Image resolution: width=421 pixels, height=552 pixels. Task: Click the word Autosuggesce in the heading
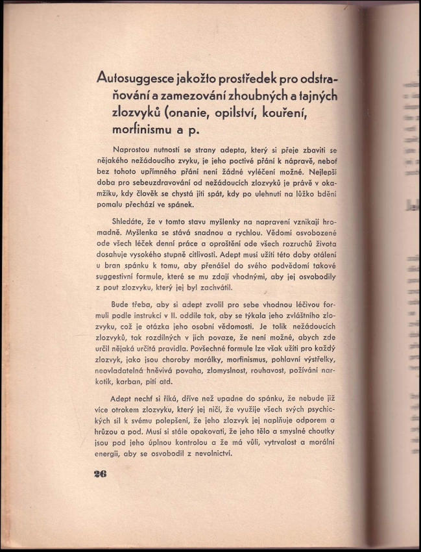132,79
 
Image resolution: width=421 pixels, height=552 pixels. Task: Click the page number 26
99,473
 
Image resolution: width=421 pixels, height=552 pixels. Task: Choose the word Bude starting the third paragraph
123,305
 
